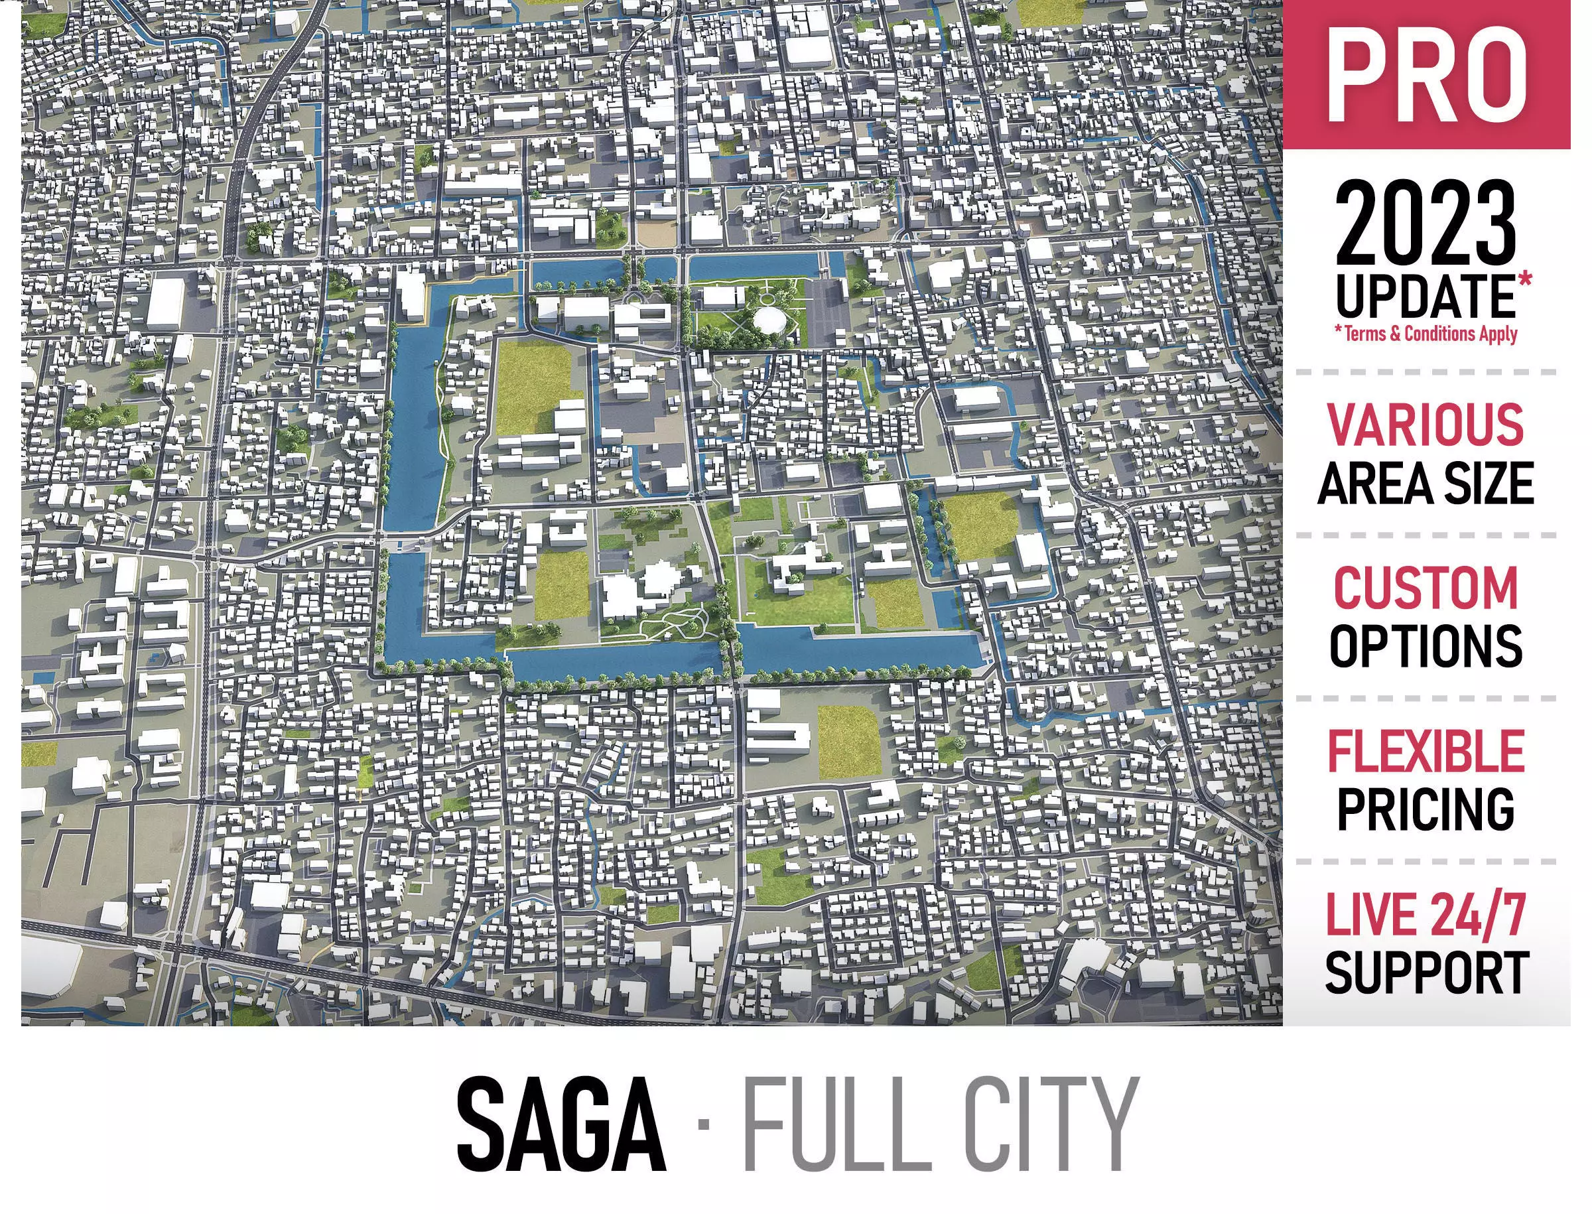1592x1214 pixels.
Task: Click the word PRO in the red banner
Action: coord(1426,76)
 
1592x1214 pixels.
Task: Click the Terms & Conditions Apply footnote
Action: coord(1426,334)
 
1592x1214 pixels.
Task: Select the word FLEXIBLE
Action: coord(1425,752)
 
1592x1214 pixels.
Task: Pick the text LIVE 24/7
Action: coord(1425,914)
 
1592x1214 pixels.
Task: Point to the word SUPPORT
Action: coord(1425,973)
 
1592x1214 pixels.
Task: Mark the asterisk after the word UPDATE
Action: coord(1524,281)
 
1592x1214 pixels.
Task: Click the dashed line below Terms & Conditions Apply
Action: coord(1425,372)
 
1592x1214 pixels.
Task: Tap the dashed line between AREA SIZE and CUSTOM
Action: coord(1425,535)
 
